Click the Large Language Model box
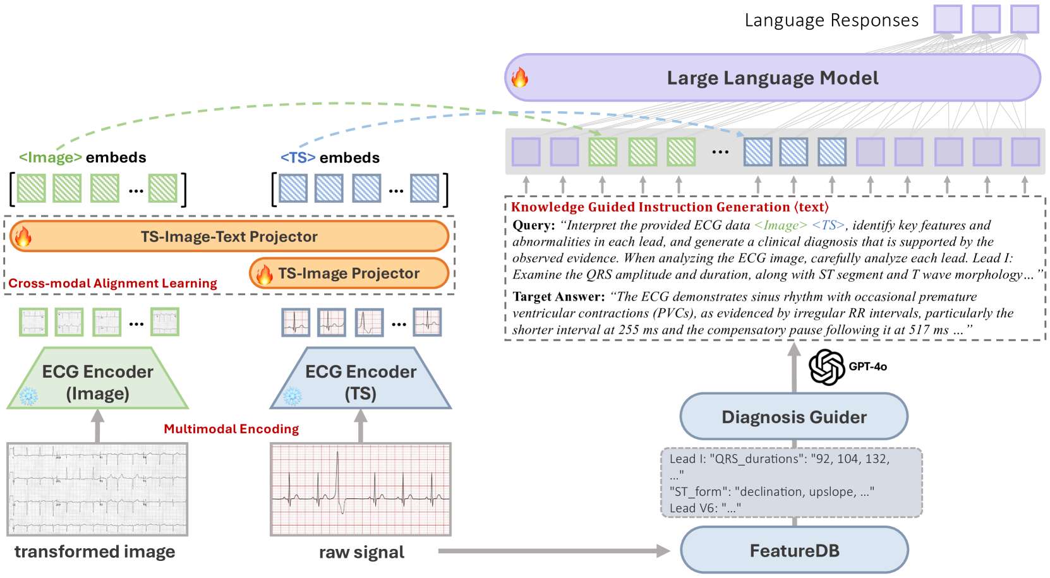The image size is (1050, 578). point(773,78)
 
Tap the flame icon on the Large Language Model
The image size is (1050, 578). point(519,77)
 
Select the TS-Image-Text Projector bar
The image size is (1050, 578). point(229,236)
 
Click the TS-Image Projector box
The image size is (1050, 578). point(349,274)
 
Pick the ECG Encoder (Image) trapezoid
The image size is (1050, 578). point(97,378)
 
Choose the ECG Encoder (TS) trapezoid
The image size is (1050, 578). point(361,378)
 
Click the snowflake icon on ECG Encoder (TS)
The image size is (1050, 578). point(293,396)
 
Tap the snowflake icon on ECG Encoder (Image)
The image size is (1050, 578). point(28,396)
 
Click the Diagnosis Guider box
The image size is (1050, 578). point(794,416)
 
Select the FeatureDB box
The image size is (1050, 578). point(795,550)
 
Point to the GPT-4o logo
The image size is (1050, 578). point(826,367)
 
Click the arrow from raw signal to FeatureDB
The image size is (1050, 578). point(554,551)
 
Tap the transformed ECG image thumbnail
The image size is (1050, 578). point(97,489)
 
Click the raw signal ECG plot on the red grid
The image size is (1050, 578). point(361,489)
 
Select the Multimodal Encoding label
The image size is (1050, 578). point(231,428)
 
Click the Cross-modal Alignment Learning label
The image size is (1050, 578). point(112,283)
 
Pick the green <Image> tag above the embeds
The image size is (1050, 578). point(51,157)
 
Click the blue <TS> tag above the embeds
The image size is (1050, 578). point(298,157)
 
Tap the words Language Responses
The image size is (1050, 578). point(831,20)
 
